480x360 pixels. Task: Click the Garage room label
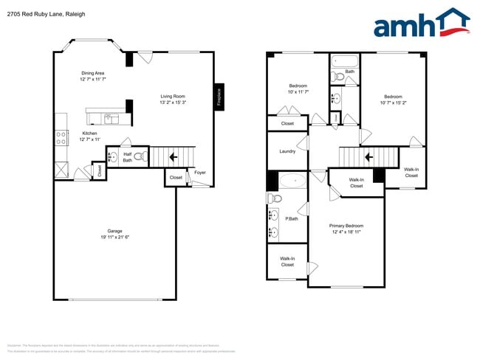114,231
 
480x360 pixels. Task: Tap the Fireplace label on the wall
219,97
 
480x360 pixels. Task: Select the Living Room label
173,96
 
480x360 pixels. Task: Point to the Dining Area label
93,73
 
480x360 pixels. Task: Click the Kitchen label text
89,134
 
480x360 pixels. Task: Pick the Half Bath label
127,157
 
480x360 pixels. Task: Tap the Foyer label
199,173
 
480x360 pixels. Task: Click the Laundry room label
287,151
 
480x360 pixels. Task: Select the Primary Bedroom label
346,226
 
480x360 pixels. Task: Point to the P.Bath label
292,218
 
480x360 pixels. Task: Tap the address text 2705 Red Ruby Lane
36,14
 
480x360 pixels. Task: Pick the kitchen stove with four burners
60,137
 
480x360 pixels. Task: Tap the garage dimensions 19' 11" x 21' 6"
114,237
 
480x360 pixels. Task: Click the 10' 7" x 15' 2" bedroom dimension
393,103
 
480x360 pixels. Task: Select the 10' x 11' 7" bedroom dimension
298,91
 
